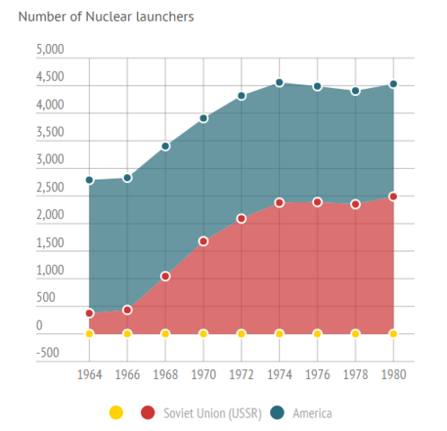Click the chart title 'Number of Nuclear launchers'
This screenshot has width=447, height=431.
click(x=106, y=16)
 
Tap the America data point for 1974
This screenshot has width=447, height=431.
click(x=279, y=83)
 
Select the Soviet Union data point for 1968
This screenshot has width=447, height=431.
click(x=165, y=277)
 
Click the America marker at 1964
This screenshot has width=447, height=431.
click(x=89, y=180)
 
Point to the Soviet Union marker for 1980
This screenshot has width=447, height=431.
click(x=393, y=196)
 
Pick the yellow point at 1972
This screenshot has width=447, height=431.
click(x=241, y=333)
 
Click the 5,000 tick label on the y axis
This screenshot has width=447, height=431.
click(x=50, y=51)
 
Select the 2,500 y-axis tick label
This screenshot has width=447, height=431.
click(x=50, y=189)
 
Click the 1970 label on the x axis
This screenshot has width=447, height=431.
click(x=203, y=373)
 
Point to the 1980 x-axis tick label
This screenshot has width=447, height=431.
click(x=393, y=373)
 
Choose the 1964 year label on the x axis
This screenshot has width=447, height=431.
click(x=89, y=373)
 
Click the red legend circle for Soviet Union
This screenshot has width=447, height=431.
click(x=147, y=413)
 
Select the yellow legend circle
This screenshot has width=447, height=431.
click(x=115, y=413)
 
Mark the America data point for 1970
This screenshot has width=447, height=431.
click(x=203, y=118)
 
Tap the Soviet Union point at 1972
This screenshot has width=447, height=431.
click(x=241, y=218)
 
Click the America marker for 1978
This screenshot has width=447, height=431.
click(x=355, y=91)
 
